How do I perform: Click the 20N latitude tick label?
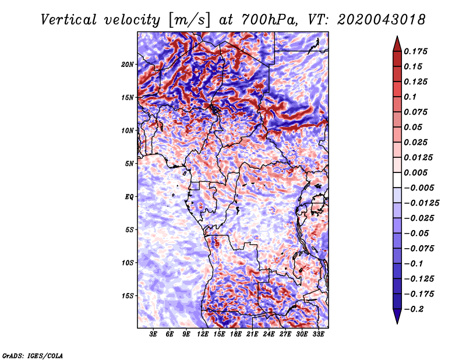[127, 65]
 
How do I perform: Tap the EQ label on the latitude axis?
[129, 197]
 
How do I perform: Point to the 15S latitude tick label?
[127, 296]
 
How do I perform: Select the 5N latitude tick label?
[129, 164]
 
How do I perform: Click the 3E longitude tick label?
[153, 334]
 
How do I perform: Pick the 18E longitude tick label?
[236, 334]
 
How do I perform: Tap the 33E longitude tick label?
[318, 334]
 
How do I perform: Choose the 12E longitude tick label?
[203, 334]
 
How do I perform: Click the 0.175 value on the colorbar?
[415, 51]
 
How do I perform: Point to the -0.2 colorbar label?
[414, 309]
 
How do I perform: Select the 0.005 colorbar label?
[415, 172]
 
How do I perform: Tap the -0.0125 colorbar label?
[421, 203]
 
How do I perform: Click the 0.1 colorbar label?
[410, 97]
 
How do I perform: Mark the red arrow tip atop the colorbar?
[397, 36]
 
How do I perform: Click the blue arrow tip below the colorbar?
[397, 323]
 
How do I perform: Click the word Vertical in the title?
[69, 20]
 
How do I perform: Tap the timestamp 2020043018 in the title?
[382, 20]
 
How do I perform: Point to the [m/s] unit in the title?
[189, 20]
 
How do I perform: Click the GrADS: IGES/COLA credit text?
[33, 356]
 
